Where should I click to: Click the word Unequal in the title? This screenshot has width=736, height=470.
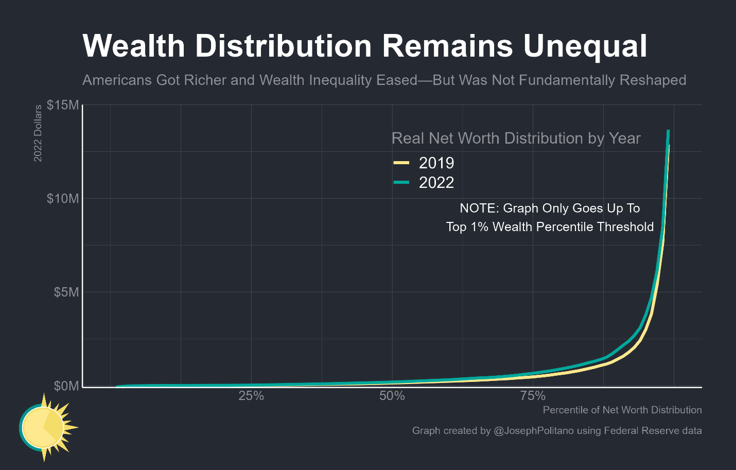(585, 46)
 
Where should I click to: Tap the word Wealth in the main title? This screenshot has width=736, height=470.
(134, 46)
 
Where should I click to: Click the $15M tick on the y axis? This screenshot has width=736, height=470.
(63, 105)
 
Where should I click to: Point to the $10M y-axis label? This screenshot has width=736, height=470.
(63, 199)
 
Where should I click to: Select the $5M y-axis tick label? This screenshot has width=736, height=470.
(66, 292)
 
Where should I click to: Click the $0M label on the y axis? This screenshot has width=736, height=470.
(66, 386)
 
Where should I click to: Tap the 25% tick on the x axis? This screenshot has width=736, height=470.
(251, 396)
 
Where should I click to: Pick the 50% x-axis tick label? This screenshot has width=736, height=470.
(392, 396)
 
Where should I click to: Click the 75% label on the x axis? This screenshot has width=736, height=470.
(533, 396)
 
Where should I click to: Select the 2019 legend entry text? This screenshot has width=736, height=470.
(436, 163)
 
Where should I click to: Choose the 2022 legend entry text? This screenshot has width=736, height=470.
(436, 183)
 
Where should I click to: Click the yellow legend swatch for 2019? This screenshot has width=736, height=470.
(401, 163)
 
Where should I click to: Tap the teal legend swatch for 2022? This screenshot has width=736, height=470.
(401, 182)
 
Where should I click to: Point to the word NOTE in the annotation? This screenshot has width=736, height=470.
(478, 208)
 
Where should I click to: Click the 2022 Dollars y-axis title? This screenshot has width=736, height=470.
(38, 133)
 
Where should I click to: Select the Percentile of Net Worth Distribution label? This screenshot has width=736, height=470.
(622, 410)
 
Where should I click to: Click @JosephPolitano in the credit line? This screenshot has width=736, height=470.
(533, 430)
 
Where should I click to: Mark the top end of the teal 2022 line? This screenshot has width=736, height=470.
(668, 131)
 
